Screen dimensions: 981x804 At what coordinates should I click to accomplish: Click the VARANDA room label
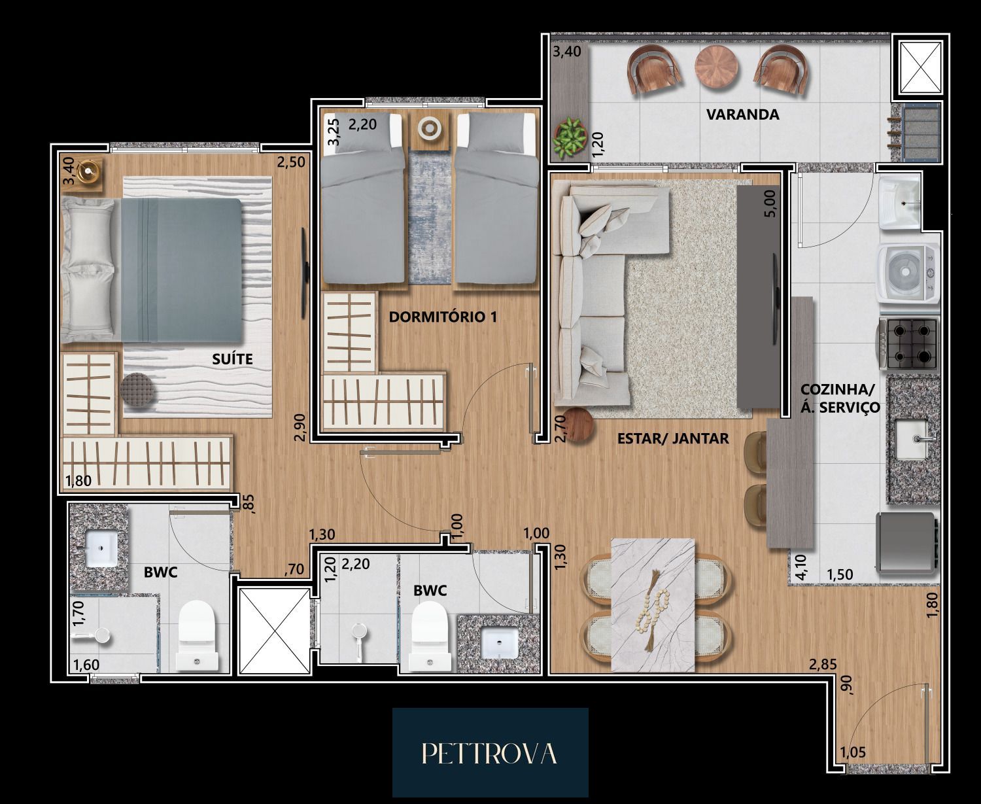pos(742,114)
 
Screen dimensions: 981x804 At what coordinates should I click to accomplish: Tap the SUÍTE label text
pos(232,359)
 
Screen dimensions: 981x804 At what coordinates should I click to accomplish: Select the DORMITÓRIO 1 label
pos(443,317)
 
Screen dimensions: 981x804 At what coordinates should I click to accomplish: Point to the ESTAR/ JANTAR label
pos(672,438)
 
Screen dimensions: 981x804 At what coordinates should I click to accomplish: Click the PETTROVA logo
pos(490,753)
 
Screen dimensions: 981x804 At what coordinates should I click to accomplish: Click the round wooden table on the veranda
pos(716,67)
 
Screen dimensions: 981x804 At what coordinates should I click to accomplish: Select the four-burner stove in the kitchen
pos(907,344)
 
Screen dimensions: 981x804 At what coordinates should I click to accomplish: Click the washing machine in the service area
pos(908,273)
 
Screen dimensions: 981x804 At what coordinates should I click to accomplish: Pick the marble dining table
pos(653,605)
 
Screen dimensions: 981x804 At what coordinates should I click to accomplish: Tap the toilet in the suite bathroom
pos(198,636)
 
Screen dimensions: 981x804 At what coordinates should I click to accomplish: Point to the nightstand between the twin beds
pos(430,131)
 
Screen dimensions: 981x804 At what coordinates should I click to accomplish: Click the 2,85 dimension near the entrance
pos(822,665)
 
